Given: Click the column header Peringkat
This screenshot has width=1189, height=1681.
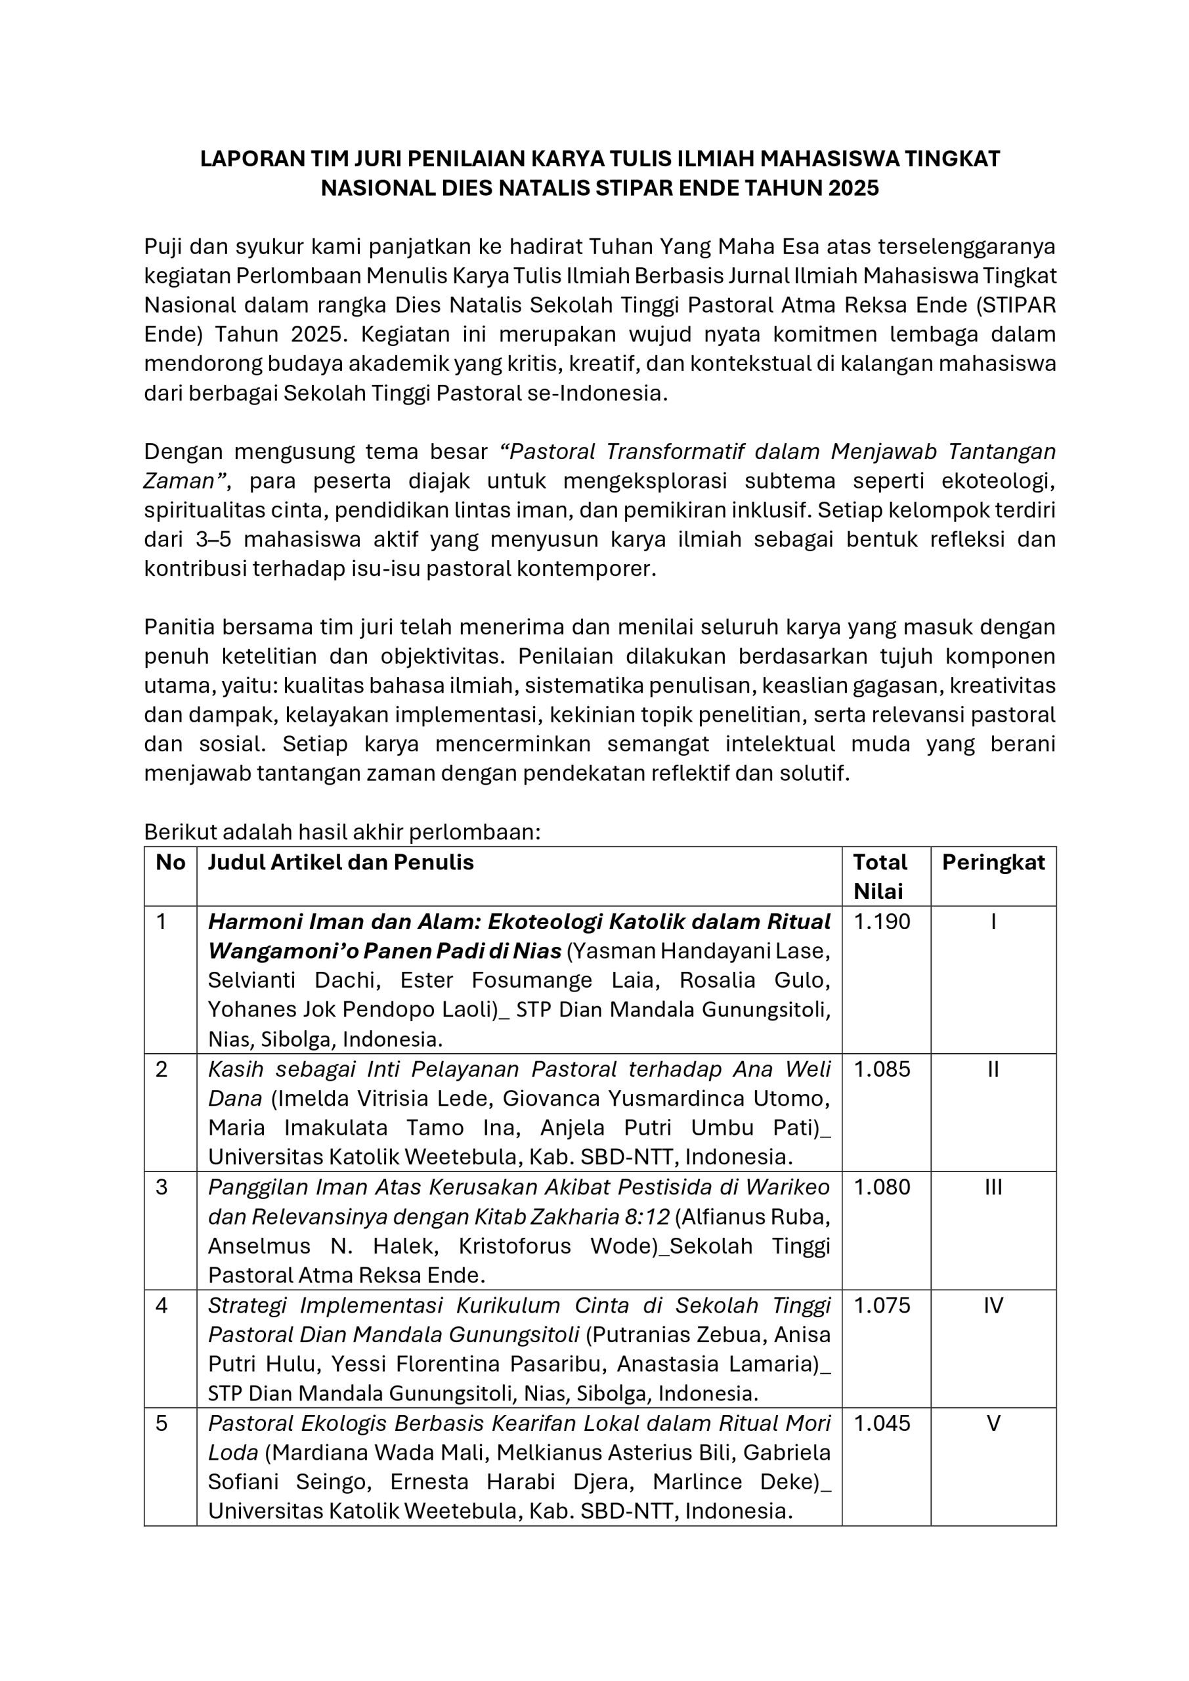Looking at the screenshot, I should (993, 862).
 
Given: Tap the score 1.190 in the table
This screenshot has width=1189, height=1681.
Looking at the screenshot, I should (882, 922).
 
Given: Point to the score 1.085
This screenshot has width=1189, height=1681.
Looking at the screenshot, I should (882, 1070).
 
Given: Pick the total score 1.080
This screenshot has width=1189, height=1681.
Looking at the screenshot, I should (882, 1187).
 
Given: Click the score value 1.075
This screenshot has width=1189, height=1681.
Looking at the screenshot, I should (882, 1305).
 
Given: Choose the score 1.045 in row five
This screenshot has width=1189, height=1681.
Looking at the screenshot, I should (882, 1424).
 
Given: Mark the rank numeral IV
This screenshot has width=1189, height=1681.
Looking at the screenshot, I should (993, 1305).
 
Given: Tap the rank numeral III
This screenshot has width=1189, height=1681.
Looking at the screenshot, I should (993, 1187).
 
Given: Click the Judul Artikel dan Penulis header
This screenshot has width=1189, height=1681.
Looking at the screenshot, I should (341, 862).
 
